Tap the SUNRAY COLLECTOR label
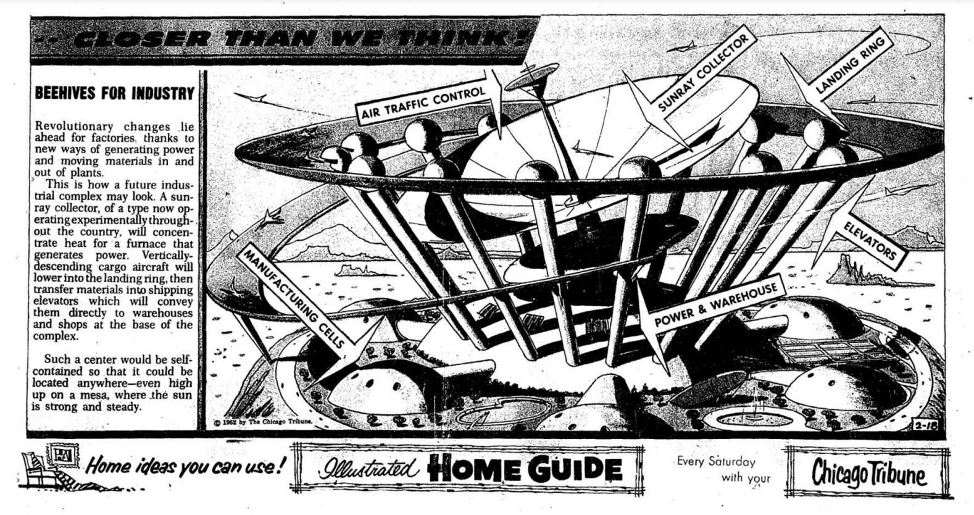(704, 72)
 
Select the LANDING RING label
(854, 64)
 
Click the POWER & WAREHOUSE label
(715, 306)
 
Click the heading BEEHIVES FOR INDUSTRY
(114, 93)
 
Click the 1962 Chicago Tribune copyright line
(262, 423)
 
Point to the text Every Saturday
(716, 461)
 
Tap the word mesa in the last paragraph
(105, 395)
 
